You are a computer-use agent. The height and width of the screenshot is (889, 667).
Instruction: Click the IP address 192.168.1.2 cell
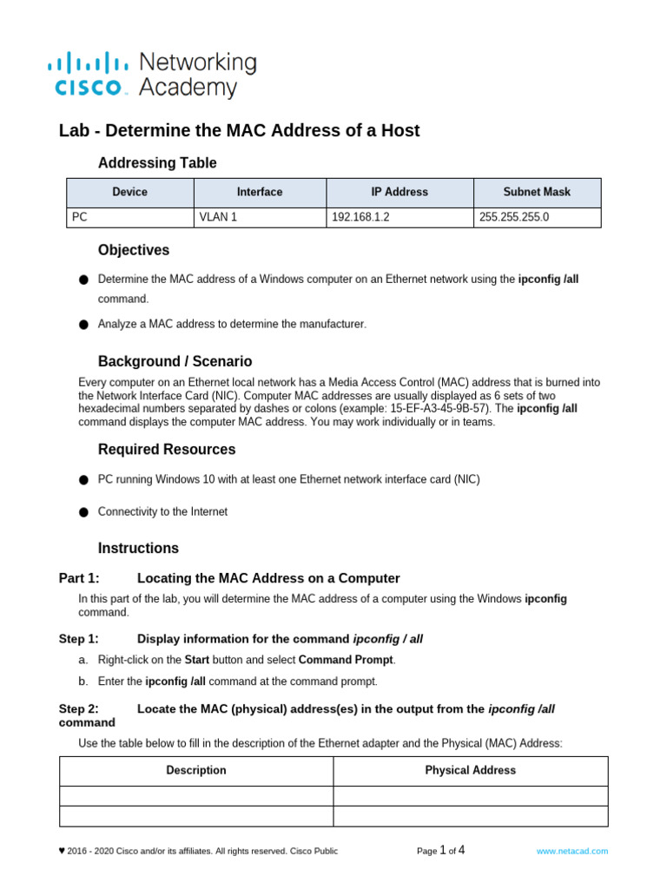click(360, 217)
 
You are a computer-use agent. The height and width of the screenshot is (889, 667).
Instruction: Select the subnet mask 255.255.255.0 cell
click(514, 217)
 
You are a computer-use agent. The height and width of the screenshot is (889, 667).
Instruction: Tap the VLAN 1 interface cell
click(218, 217)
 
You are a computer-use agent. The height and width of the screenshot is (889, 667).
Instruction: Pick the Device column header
click(130, 192)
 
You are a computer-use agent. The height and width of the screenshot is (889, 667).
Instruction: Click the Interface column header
click(260, 192)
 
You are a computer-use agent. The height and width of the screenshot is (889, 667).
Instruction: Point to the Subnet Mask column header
click(537, 192)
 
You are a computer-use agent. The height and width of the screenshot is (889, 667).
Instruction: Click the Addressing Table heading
click(157, 163)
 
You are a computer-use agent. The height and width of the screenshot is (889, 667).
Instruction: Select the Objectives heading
click(134, 250)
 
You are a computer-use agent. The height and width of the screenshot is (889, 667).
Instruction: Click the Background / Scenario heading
click(175, 361)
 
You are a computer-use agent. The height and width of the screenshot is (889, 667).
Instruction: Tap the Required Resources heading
click(167, 450)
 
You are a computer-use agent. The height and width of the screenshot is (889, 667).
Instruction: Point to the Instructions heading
click(138, 548)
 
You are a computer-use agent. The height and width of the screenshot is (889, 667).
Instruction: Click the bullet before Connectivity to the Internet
click(83, 512)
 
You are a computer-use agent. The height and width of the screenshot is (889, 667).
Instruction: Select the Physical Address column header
click(470, 770)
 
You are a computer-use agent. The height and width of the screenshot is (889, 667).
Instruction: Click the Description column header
click(196, 770)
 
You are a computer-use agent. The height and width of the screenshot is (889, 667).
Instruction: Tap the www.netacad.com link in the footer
click(571, 852)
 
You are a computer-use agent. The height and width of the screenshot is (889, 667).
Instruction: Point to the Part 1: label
click(79, 578)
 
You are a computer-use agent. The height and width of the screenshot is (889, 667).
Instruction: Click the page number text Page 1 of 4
click(440, 851)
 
